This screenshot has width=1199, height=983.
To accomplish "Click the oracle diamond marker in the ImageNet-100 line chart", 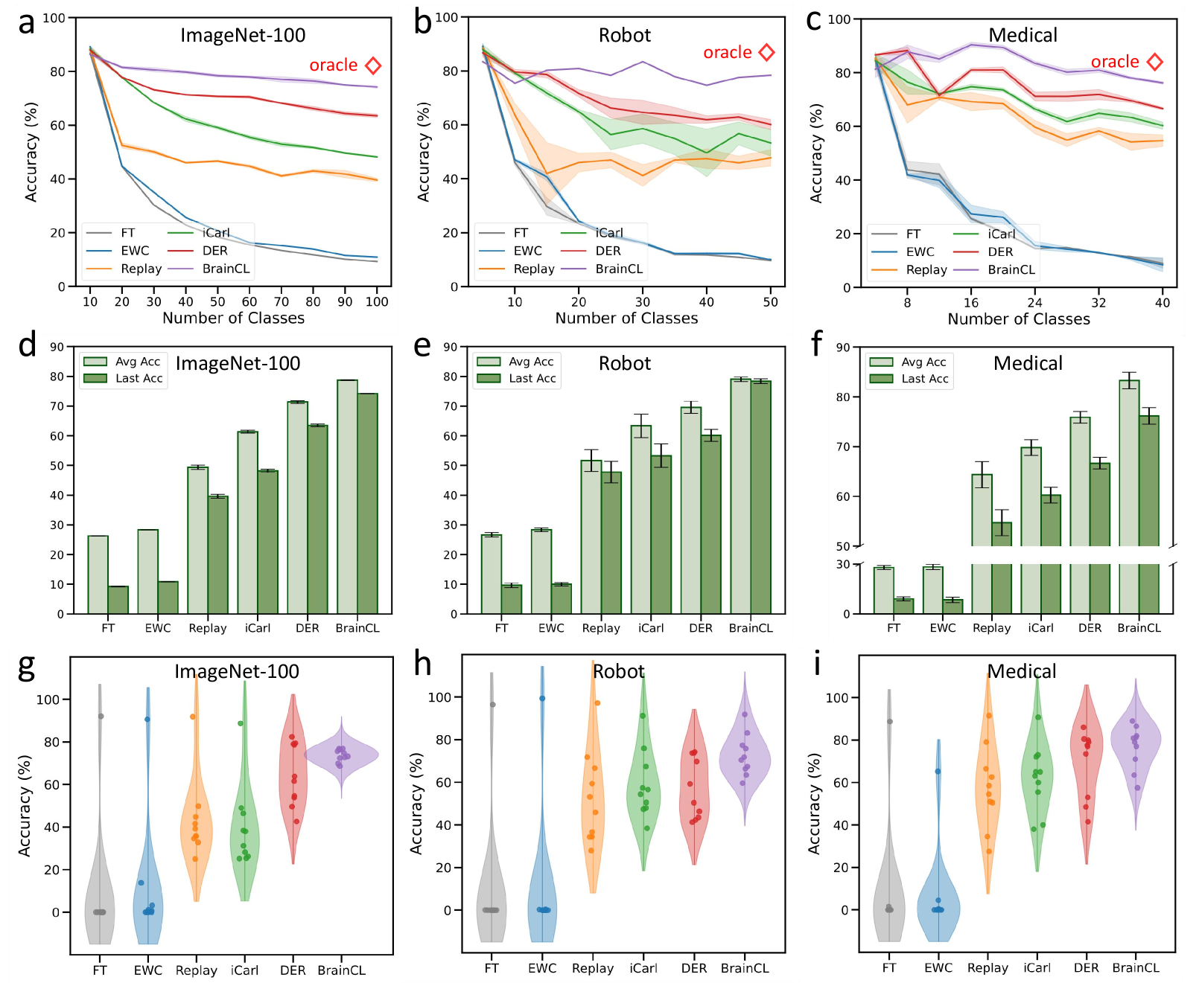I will pos(373,65).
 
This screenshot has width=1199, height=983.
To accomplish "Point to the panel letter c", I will pos(814,21).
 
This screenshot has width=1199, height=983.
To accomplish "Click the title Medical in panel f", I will pos(1028,363).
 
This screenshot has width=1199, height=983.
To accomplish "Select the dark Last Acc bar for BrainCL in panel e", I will pos(760,497).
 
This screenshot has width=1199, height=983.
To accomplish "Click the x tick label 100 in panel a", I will pos(377,301).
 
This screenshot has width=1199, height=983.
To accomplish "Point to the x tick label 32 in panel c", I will pos(1098,302).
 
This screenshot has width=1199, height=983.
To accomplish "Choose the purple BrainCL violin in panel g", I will pos(341,755).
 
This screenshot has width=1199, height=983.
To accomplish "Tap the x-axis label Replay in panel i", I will pos(987,967).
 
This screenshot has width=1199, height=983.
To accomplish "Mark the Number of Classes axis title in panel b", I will pos(626,318).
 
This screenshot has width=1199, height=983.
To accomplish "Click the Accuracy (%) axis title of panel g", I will pos(25,805).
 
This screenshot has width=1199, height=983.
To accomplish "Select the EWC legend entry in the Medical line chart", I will pos(920,252).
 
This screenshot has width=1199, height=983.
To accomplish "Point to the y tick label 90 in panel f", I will pos(842,348).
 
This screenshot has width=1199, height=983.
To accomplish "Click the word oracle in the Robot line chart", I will pos(727,53).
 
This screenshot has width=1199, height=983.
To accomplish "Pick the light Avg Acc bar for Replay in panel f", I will pos(982,543).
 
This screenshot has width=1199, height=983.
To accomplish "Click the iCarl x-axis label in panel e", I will pos(651,628).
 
